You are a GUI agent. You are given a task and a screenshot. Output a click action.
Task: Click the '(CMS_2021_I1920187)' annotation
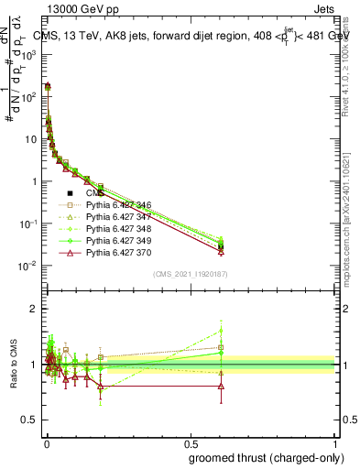[190, 274]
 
